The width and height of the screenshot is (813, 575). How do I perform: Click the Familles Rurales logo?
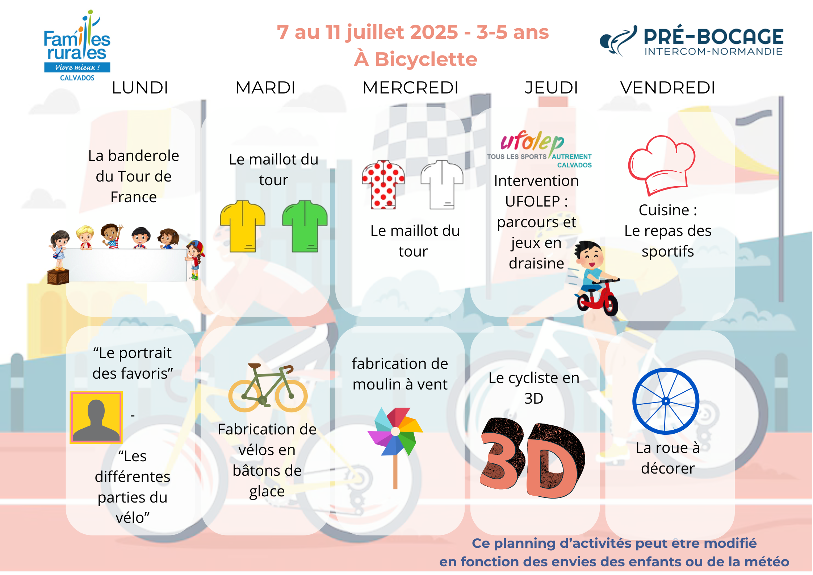pos(77,46)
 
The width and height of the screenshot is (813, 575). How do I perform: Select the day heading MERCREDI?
pos(411,88)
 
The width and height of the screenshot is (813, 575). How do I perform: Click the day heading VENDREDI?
pos(667,88)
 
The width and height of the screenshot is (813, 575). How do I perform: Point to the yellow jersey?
pos(243,226)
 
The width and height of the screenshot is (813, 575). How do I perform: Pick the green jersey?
pos(305,226)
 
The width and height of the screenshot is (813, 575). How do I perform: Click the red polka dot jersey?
pos(383,185)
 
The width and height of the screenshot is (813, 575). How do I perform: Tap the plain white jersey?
pos(442,185)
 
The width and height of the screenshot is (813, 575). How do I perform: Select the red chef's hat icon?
pos(662,165)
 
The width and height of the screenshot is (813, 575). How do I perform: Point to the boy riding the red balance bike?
pos(595,277)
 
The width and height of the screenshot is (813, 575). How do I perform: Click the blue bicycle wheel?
pos(666,401)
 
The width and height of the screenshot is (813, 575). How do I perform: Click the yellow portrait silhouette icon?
pos(96,417)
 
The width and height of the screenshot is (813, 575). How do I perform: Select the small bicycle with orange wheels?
pos(268,388)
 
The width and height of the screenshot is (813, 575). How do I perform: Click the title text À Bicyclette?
pos(415,59)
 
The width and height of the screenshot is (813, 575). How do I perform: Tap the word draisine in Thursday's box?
pos(536,263)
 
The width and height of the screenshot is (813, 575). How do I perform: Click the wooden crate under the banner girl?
pos(58,277)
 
